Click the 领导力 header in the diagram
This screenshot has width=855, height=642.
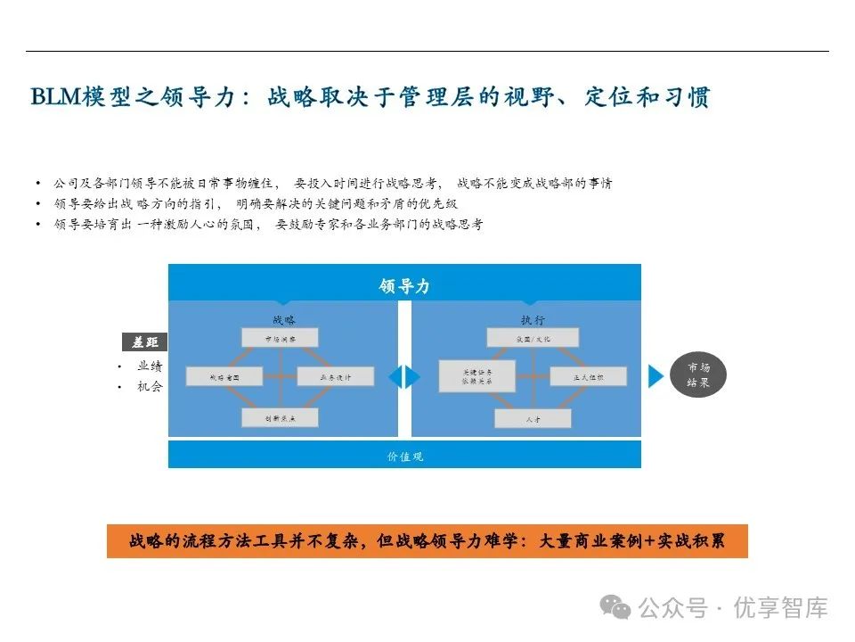point(404,285)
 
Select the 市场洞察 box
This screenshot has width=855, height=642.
point(280,337)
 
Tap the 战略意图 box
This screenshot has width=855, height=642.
point(224,376)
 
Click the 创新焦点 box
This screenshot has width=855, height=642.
point(280,416)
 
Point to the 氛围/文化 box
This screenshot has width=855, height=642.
point(532,337)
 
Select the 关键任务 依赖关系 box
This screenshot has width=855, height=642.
point(477,375)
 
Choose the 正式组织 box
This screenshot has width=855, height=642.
point(588,376)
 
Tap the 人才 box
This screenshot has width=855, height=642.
point(532,416)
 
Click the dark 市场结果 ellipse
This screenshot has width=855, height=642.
point(698,375)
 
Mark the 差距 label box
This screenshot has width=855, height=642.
point(144,342)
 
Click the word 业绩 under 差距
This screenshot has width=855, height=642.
point(150,366)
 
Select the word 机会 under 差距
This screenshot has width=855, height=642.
point(150,387)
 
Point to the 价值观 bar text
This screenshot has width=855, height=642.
point(404,456)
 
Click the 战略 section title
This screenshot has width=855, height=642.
point(283,318)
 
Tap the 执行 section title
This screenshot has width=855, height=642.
point(533,318)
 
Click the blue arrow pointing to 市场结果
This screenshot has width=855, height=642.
point(655,376)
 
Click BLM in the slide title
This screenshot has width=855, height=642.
point(53,96)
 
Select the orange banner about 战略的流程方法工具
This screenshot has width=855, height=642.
point(427,541)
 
